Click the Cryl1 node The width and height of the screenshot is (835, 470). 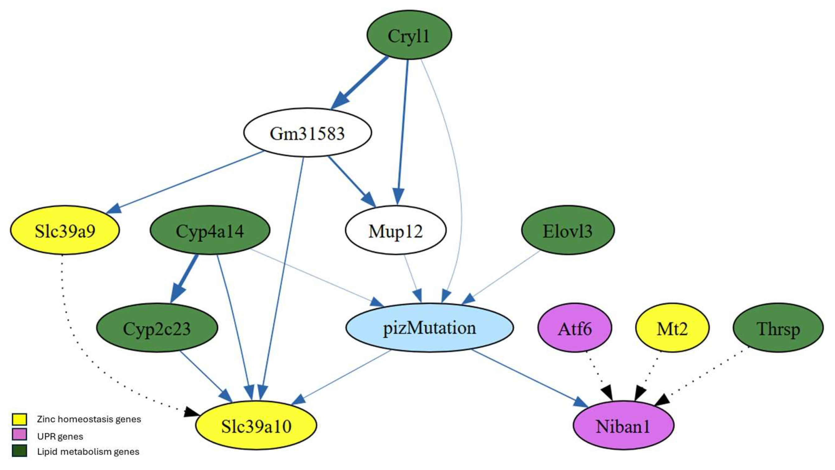(x=409, y=35)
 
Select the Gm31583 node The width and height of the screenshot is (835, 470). (x=307, y=133)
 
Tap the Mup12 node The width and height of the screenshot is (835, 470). (x=395, y=230)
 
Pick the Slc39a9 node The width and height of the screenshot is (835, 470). (x=65, y=230)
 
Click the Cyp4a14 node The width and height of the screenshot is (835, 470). (x=210, y=230)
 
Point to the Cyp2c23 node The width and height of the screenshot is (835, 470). (x=157, y=328)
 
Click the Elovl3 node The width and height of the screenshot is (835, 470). (x=567, y=230)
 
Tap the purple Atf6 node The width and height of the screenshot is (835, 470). (x=575, y=328)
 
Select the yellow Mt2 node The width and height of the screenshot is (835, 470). (x=672, y=328)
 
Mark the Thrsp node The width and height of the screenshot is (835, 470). (x=778, y=328)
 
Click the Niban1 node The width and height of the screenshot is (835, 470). (x=623, y=426)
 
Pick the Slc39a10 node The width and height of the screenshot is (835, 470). (x=256, y=426)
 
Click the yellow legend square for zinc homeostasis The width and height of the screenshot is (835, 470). (x=20, y=419)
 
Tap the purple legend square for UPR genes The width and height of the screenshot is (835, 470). (x=20, y=435)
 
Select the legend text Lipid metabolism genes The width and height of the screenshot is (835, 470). (x=88, y=452)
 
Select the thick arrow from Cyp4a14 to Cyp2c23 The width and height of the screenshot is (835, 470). (x=185, y=279)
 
